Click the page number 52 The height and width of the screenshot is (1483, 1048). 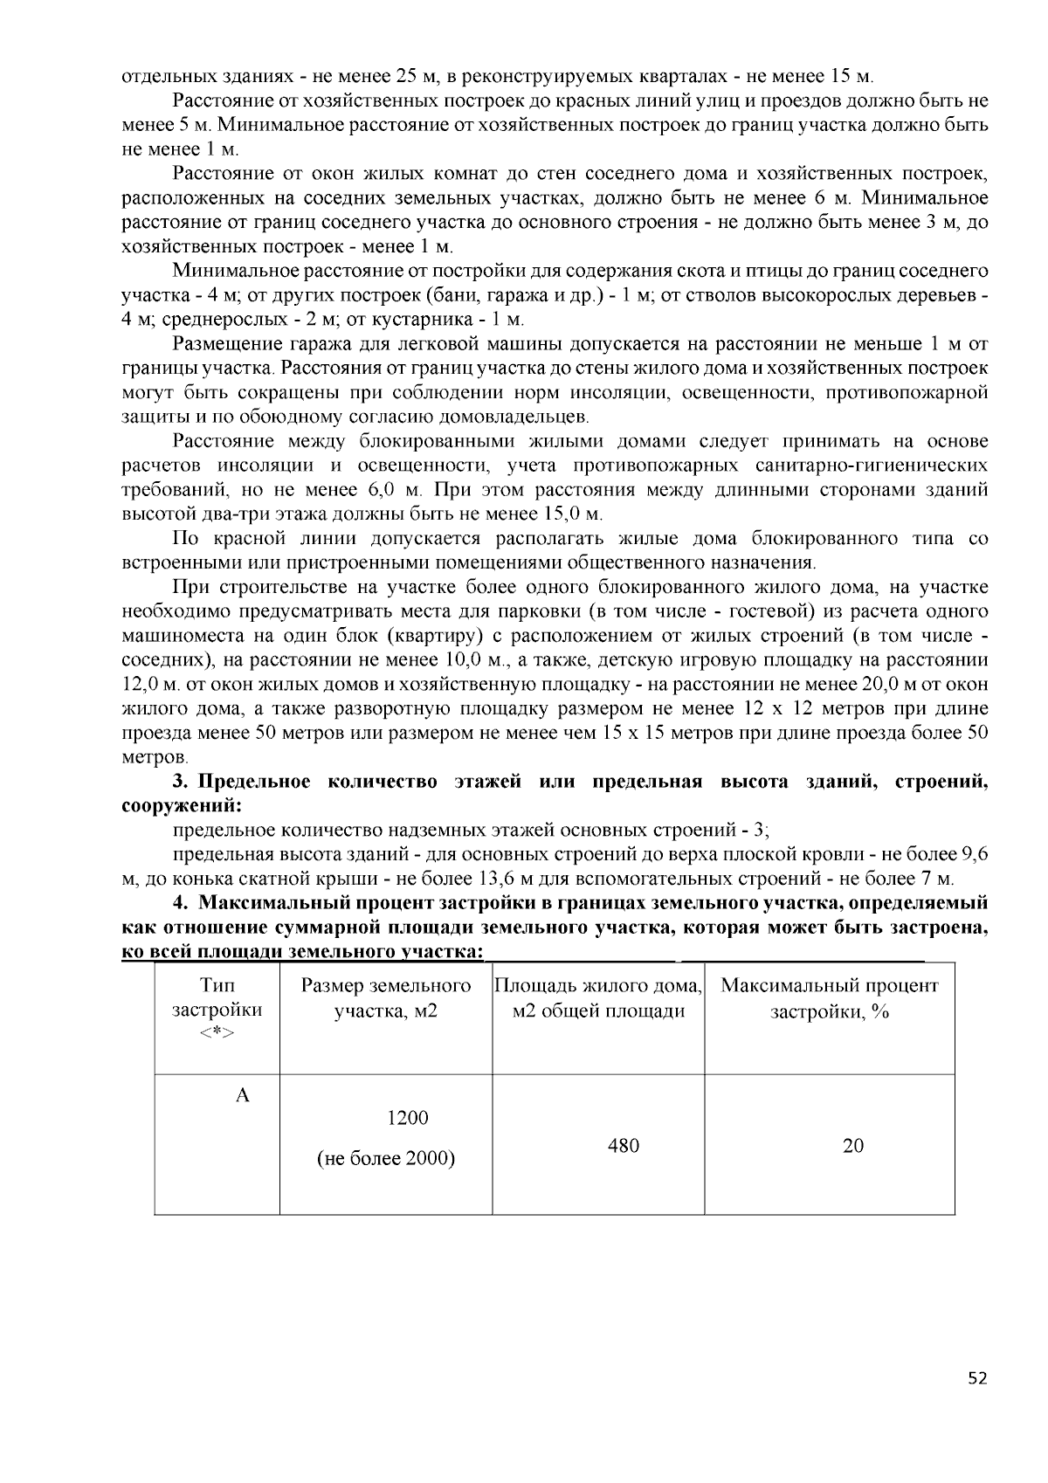pyautogui.click(x=977, y=1378)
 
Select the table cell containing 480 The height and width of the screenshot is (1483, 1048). pyautogui.click(x=624, y=1145)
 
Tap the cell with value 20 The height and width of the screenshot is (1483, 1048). pyautogui.click(x=852, y=1145)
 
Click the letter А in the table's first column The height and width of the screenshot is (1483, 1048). pyautogui.click(x=243, y=1095)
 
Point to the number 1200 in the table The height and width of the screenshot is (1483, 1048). pyautogui.click(x=407, y=1118)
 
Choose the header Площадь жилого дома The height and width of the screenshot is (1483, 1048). pyautogui.click(x=598, y=986)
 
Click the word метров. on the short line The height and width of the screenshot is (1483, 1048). pyautogui.click(x=154, y=756)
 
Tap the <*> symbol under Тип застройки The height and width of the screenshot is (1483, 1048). pyautogui.click(x=217, y=1033)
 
